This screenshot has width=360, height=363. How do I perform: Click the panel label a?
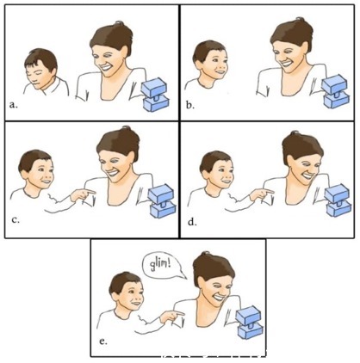(13, 105)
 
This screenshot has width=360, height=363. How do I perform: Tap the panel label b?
(189, 105)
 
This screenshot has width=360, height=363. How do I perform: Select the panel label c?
(16, 220)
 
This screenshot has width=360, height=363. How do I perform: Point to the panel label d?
(192, 222)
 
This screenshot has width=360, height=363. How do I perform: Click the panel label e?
(102, 341)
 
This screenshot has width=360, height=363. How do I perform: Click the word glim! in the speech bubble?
(160, 263)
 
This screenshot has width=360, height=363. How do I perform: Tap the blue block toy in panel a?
(155, 95)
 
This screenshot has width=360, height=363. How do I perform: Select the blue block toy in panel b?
(336, 92)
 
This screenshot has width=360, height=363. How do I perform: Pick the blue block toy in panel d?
(338, 200)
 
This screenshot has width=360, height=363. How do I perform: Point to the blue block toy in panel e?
(249, 323)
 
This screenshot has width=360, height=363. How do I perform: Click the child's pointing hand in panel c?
(83, 194)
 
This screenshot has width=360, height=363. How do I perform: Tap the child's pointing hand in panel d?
(262, 194)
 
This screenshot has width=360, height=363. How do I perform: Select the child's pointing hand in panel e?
(171, 317)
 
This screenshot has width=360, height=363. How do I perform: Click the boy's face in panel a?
(37, 76)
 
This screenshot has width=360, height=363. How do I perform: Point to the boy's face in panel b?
(215, 65)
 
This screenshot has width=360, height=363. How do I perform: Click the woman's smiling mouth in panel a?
(105, 68)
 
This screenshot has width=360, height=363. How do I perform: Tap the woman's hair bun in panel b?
(300, 20)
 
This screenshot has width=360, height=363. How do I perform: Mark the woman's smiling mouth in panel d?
(307, 174)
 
